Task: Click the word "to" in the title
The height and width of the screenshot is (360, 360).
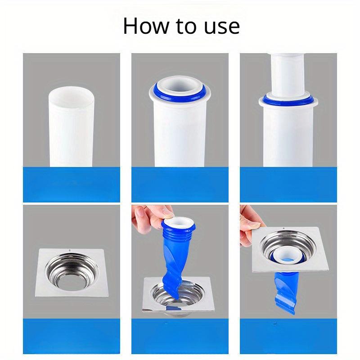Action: tap(188, 27)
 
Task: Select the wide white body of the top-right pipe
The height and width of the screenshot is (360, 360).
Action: tap(288, 135)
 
